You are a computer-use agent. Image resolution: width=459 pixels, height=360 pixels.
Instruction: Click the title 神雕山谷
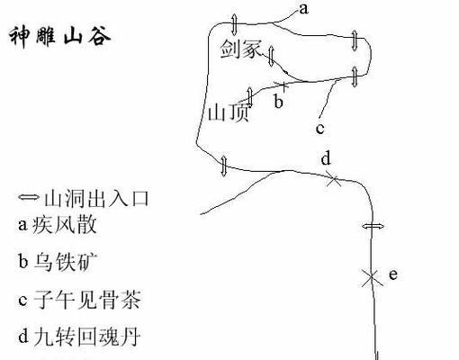pos(60,37)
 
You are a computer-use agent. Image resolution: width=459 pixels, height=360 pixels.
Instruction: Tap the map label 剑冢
pos(241,49)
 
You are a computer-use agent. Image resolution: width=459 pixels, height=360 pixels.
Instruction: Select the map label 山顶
pos(229,112)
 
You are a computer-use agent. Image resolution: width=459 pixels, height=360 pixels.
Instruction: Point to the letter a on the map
pos(303,9)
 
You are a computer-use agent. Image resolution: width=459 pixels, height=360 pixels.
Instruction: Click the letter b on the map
pos(278,101)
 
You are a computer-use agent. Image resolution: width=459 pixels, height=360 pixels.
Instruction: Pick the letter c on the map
pos(320,129)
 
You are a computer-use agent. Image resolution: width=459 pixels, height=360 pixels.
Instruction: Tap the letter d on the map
pos(326,157)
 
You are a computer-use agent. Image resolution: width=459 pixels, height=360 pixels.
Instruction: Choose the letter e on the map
pos(393,274)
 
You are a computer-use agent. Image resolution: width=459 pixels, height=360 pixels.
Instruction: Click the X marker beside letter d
pos(333,179)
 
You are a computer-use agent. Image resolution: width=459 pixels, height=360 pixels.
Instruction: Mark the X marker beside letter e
pos(372,277)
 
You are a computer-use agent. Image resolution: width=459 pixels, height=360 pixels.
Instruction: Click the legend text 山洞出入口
pos(96,198)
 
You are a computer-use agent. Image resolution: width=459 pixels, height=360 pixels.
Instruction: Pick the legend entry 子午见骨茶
pos(87,299)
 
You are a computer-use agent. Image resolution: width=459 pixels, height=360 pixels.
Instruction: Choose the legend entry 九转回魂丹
pos(87,337)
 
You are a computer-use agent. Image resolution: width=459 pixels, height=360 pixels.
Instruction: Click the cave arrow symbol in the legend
pos(29,197)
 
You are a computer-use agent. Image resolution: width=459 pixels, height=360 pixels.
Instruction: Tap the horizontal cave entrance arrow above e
pos(373,226)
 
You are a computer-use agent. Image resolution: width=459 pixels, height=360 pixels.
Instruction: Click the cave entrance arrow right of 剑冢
pos(271,56)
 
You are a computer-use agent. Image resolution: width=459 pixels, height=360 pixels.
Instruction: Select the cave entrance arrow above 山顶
pos(250,96)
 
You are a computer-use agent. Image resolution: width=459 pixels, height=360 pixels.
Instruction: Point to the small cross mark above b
pos(283,86)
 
